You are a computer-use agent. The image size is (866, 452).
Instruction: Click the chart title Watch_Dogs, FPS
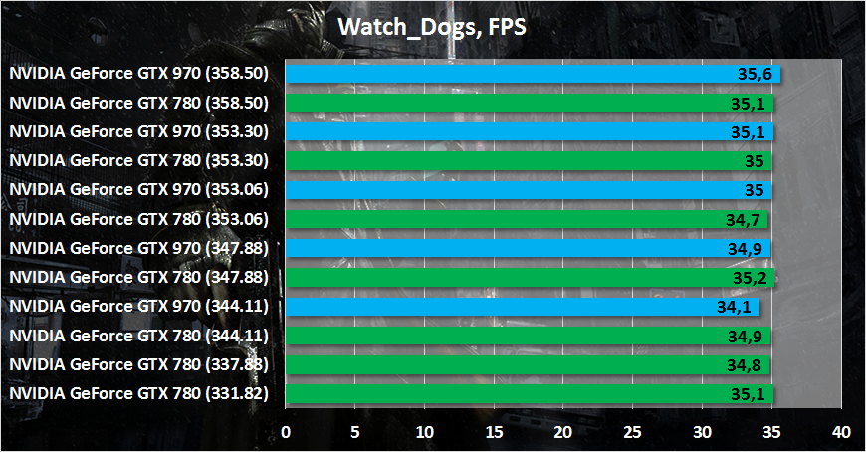point(432,27)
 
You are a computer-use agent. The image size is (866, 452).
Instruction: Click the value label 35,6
point(755,74)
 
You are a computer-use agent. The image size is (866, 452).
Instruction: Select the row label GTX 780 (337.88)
point(139,365)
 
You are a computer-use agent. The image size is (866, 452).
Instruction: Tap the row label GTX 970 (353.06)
point(139,189)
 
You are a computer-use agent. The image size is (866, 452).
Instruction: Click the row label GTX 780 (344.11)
point(139,337)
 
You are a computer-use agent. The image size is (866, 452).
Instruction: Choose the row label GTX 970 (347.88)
point(139,248)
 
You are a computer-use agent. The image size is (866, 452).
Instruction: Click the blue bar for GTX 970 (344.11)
point(523,308)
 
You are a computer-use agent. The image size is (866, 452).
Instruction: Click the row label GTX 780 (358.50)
point(139,102)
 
